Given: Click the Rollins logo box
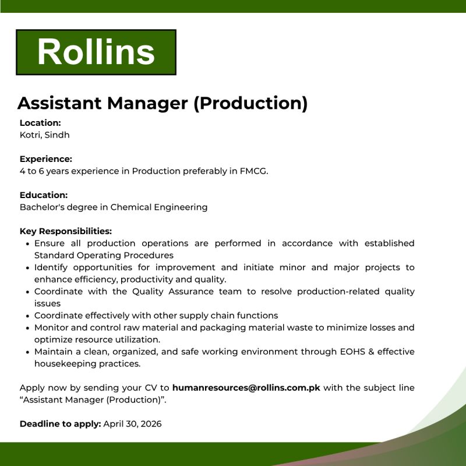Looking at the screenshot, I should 96,52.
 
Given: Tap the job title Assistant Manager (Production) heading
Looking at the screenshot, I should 163,103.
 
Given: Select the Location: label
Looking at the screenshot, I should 40,123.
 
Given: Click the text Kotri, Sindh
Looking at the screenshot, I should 45,135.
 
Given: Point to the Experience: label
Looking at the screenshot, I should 46,159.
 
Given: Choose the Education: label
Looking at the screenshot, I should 44,195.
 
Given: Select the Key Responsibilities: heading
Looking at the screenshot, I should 66,231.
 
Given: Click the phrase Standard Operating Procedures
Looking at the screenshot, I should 104,255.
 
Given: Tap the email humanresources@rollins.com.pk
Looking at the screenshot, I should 246,388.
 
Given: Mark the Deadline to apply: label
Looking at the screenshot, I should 61,424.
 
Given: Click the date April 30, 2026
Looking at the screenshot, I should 133,424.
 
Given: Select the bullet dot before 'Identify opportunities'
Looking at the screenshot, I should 28,268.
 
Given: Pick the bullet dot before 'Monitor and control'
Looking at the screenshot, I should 28,328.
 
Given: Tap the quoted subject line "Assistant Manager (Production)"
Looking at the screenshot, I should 96,400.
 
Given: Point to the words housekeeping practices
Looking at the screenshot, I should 87,363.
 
